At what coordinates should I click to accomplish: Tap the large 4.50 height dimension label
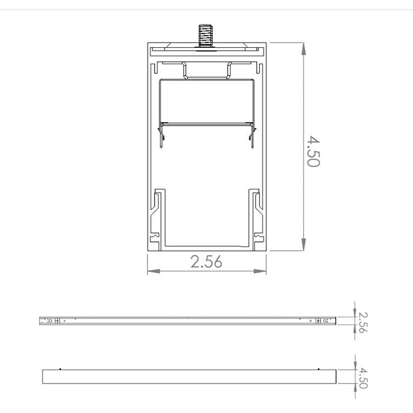tap(312, 150)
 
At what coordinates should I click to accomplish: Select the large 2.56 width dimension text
tap(206, 262)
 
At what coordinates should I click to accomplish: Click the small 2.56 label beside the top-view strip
tap(363, 322)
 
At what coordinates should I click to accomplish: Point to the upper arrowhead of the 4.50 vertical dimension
tap(303, 48)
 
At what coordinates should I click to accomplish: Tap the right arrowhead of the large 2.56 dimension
tap(262, 271)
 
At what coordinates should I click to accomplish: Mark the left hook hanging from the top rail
tap(185, 71)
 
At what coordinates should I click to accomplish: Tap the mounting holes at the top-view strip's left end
tap(53, 321)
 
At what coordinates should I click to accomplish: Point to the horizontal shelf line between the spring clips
tap(207, 124)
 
